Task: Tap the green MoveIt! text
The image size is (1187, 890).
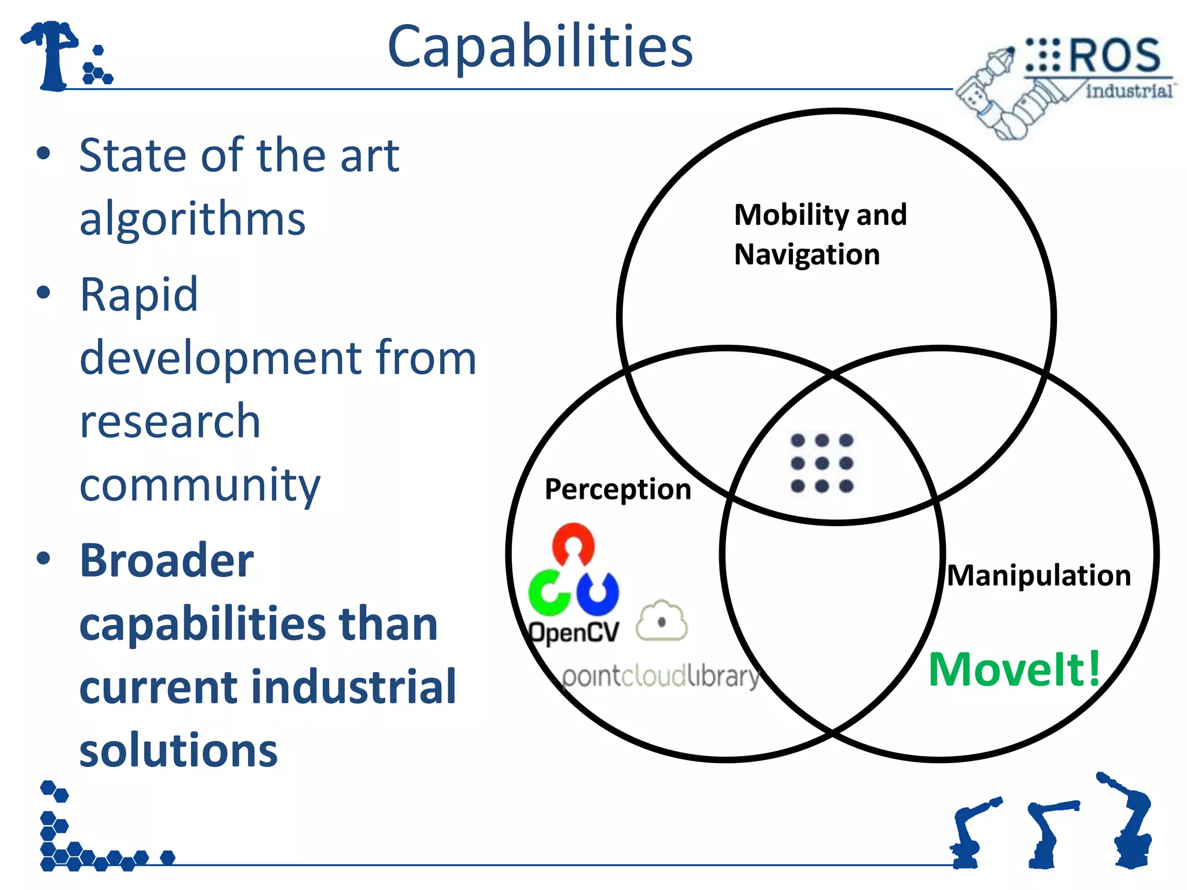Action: coord(1014,669)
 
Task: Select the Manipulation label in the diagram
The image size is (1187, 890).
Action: coord(1038,575)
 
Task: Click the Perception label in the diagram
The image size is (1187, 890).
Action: coord(618,489)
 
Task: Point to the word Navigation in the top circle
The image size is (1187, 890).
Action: coord(806,254)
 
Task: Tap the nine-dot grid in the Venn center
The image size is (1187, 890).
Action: coord(821,463)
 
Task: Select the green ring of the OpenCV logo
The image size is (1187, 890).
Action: coord(547,593)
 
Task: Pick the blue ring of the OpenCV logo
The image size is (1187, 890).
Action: coord(598,594)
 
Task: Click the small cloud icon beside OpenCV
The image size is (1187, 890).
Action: coord(661,622)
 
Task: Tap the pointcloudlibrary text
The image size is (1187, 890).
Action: coord(661,676)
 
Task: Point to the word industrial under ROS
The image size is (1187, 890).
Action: coord(1128,91)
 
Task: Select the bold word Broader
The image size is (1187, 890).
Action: coord(167,560)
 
